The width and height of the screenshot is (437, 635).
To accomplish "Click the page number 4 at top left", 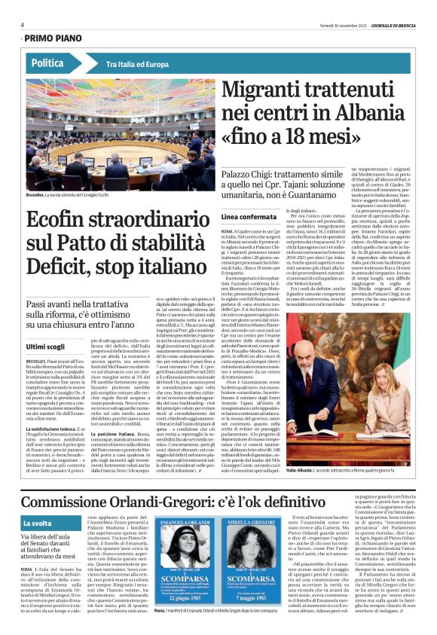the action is pyautogui.click(x=23, y=24).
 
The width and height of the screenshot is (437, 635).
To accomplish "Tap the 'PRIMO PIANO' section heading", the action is pyautogui.click(x=55, y=38).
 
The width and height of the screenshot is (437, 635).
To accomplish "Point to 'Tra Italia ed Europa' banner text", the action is pyautogui.click(x=138, y=64).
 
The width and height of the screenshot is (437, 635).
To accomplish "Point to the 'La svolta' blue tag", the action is pyautogui.click(x=38, y=523).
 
